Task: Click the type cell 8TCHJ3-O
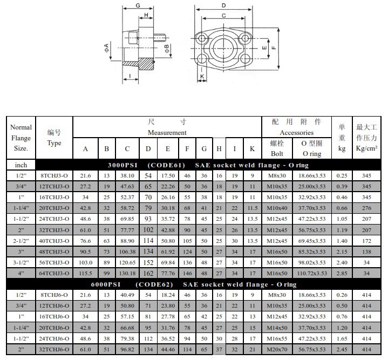[54, 175]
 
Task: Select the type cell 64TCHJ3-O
[54, 274]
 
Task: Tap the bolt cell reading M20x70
[277, 349]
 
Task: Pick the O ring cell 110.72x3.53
[312, 274]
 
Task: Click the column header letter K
[252, 149]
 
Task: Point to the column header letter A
[85, 149]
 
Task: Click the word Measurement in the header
[167, 133]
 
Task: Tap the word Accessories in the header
[296, 133]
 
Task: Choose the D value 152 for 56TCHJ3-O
[148, 262]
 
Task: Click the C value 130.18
[127, 274]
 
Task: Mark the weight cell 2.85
[342, 274]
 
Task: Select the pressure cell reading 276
[366, 208]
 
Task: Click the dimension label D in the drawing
[224, 5]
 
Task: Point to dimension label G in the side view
[138, 5]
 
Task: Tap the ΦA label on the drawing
[107, 47]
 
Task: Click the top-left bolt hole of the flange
[200, 38]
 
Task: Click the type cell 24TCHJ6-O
[54, 338]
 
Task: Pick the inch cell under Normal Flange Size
[21, 165]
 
